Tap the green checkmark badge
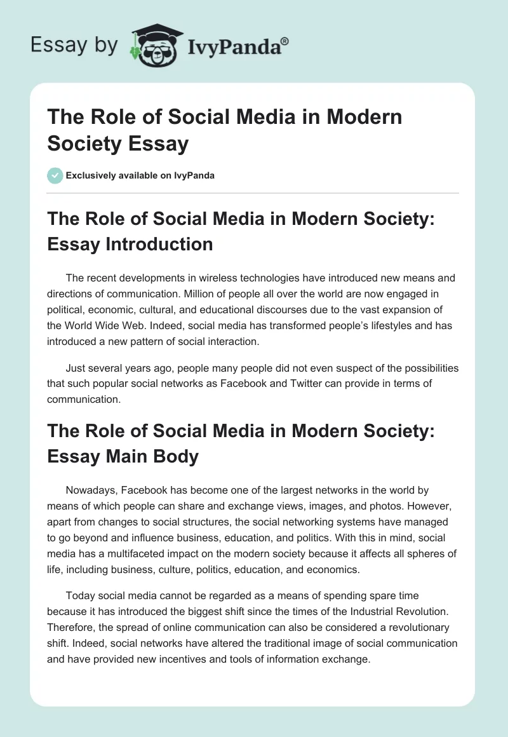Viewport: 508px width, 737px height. pyautogui.click(x=55, y=175)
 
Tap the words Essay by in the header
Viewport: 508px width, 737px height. pyautogui.click(x=75, y=44)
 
